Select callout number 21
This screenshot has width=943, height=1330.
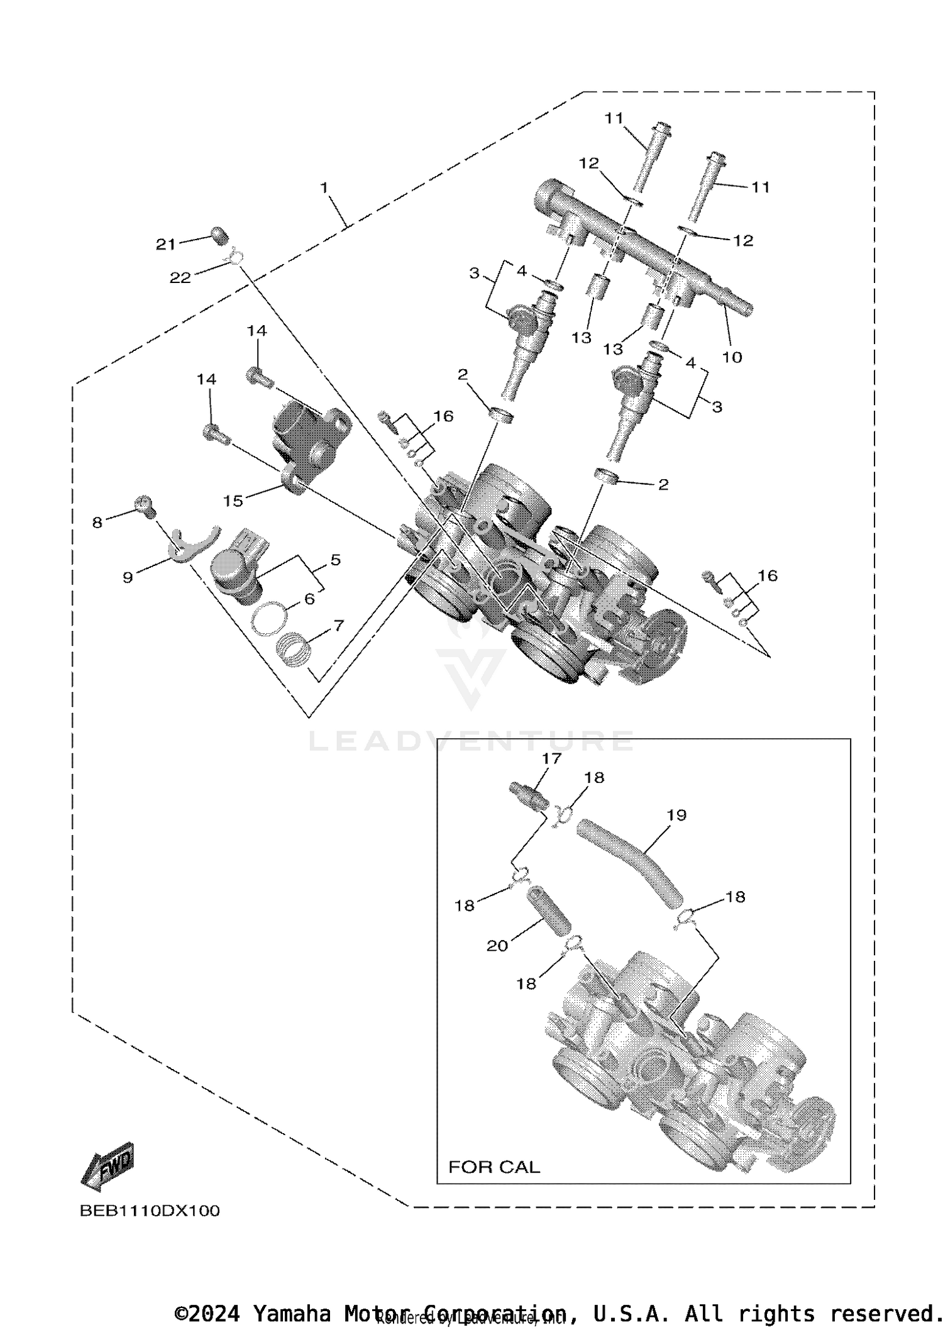(165, 245)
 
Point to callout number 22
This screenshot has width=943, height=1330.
(180, 277)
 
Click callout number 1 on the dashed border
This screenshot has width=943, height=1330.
(324, 187)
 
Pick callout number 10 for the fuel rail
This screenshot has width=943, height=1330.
(732, 357)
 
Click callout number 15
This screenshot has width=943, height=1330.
(233, 501)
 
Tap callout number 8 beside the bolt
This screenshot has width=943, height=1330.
(97, 522)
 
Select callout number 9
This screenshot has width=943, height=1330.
(128, 577)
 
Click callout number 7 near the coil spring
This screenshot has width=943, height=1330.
(338, 625)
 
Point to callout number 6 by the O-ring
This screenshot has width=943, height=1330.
(309, 599)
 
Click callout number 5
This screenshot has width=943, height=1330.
(335, 559)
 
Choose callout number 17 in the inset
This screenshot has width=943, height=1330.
(551, 758)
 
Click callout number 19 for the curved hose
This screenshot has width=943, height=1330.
(676, 815)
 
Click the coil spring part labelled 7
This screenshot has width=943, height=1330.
(294, 649)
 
